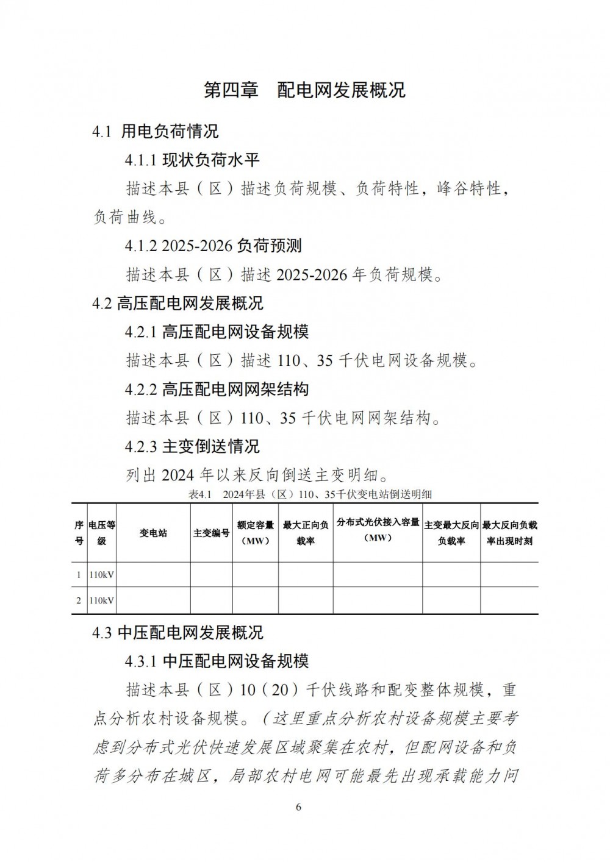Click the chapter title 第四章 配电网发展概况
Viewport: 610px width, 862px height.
tap(304, 90)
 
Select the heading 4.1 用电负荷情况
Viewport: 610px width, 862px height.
tap(156, 130)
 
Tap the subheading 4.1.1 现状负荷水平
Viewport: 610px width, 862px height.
tap(192, 160)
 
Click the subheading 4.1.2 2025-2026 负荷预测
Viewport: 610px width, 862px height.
tap(213, 246)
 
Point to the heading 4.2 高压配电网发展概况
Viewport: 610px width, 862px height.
tap(178, 303)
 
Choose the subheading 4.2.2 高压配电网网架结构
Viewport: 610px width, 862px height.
tap(217, 389)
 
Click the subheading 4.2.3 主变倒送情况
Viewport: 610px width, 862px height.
tap(192, 446)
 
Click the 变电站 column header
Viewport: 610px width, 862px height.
tap(153, 533)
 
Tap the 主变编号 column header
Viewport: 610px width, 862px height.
tap(211, 533)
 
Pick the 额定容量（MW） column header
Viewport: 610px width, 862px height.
tap(255, 533)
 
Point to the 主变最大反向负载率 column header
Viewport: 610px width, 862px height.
tap(451, 533)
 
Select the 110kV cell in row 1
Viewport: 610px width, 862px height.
tap(102, 574)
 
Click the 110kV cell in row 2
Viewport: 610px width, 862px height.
tap(102, 600)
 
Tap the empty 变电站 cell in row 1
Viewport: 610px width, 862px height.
tap(153, 574)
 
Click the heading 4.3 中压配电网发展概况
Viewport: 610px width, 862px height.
tap(178, 633)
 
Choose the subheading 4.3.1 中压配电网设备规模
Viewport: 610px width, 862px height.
tap(217, 661)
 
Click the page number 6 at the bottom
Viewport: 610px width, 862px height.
tap(298, 808)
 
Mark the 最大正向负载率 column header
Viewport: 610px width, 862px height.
tap(306, 533)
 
